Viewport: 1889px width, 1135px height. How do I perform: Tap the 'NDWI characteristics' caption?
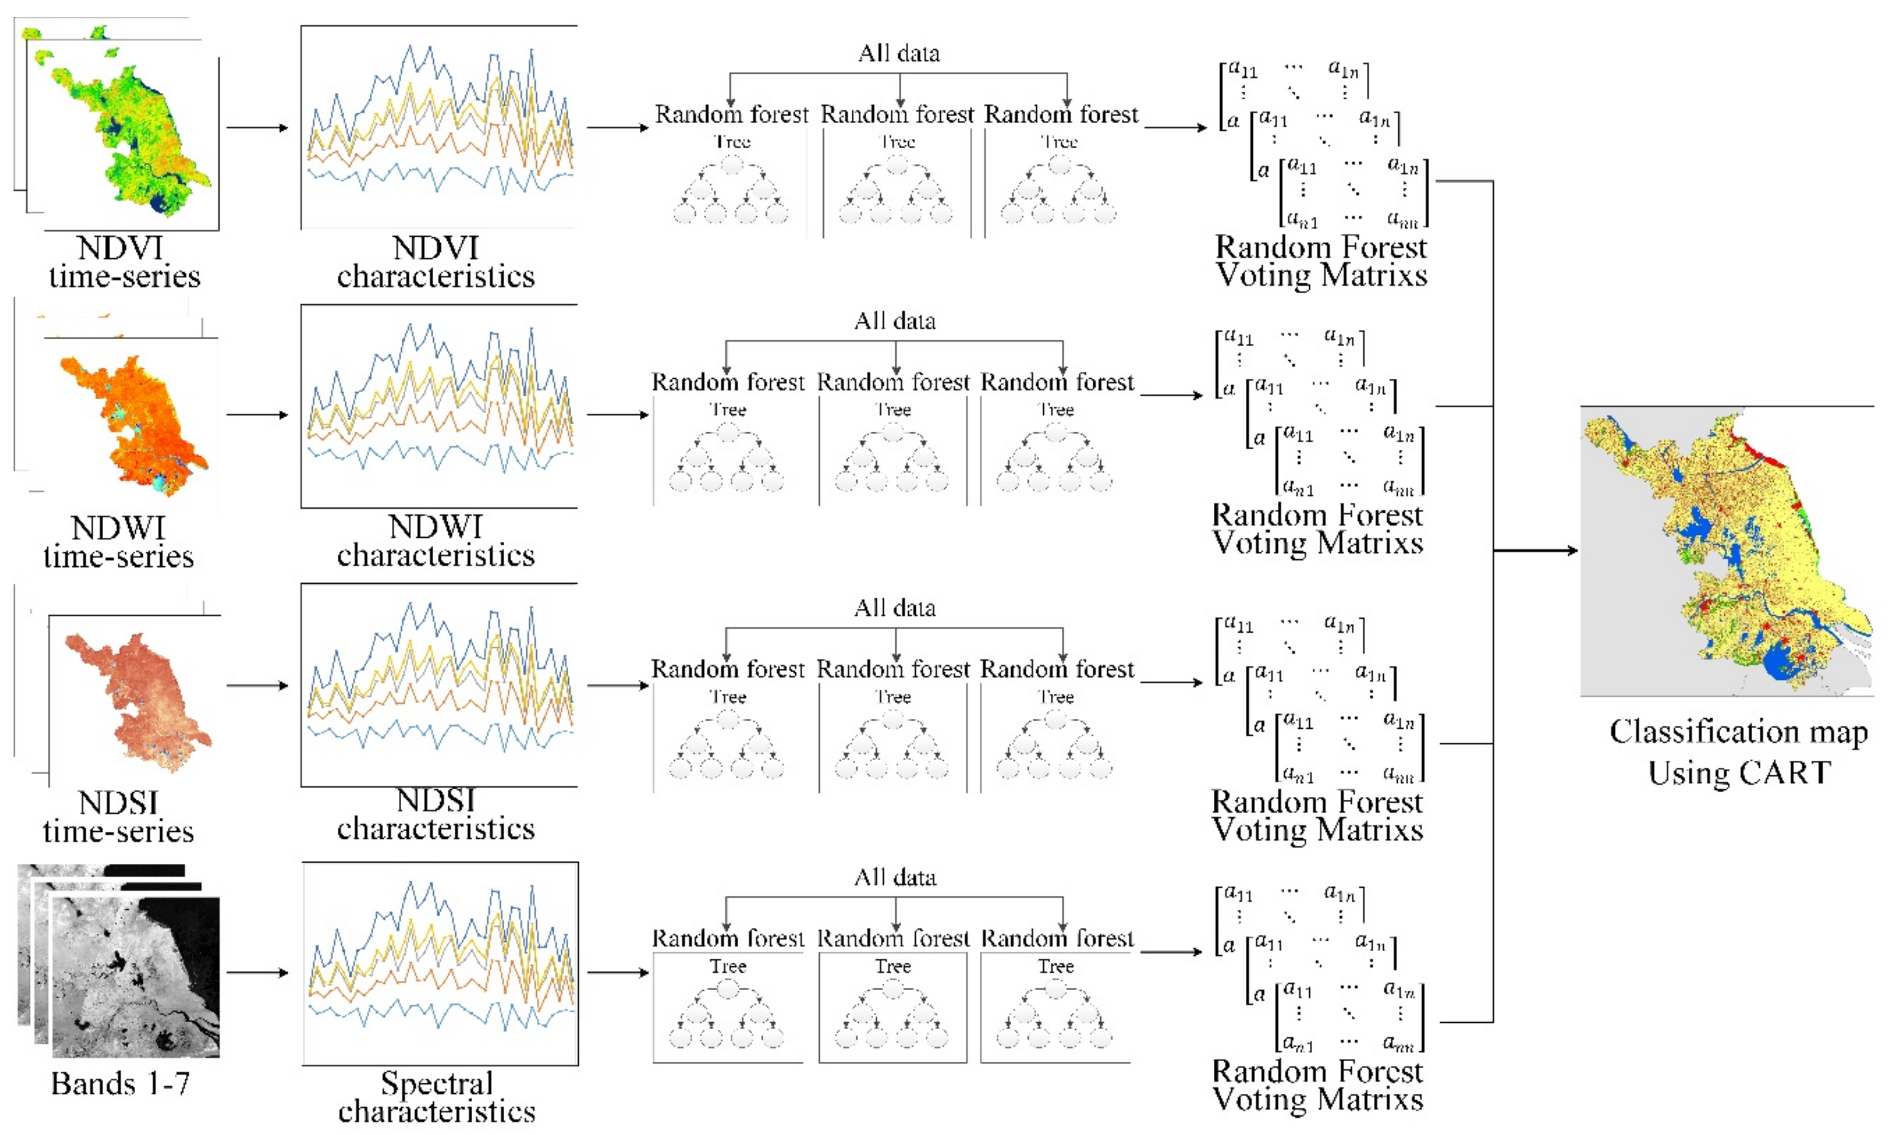pos(435,541)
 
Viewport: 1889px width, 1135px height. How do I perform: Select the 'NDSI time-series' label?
pos(118,817)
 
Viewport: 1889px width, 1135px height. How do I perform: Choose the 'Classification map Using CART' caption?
pos(1738,752)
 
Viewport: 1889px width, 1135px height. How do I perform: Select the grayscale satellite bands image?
pos(130,971)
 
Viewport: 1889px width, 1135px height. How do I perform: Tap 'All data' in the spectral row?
pos(895,877)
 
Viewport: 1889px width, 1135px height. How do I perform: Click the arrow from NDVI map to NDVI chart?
pos(257,127)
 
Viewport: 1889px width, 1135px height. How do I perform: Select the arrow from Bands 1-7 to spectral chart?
pos(257,973)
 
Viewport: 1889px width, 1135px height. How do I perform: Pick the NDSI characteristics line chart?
pos(439,685)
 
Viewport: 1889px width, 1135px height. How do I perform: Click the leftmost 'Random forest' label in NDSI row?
pos(727,669)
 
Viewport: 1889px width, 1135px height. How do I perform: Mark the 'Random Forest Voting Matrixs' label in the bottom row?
pos(1317,1085)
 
